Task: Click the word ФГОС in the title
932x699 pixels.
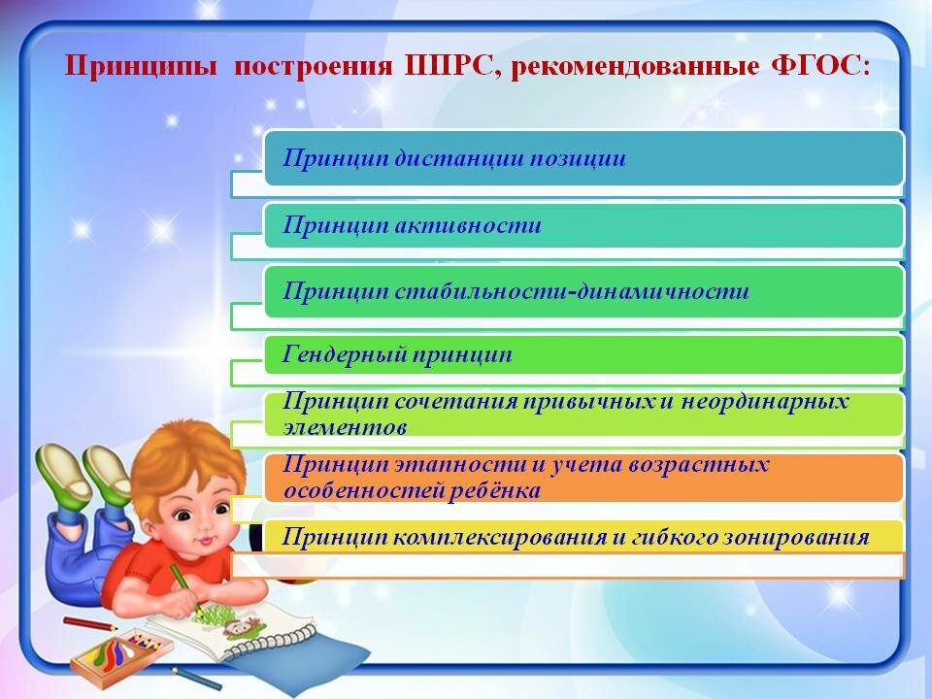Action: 819,65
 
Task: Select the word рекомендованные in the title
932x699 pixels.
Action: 635,66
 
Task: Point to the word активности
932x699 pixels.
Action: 468,224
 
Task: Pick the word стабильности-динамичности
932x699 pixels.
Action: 571,290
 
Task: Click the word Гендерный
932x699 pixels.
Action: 344,354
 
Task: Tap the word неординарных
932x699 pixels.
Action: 764,402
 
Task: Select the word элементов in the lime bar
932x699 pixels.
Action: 345,427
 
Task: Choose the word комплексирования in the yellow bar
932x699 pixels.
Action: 499,537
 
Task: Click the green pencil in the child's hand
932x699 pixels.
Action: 185,589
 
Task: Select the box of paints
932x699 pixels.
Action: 122,656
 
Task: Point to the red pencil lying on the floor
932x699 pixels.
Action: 90,623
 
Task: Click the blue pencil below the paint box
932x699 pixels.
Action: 196,679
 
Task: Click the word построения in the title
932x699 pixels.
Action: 314,66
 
